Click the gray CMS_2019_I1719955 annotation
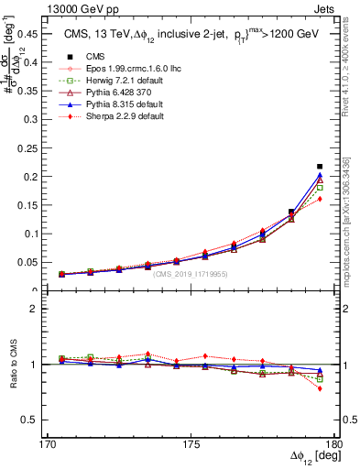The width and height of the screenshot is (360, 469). (190, 274)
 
